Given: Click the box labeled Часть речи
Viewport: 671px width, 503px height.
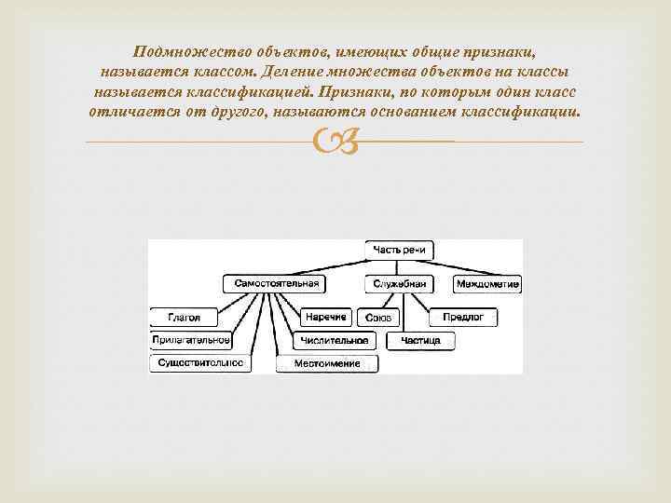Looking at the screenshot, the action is (x=398, y=251).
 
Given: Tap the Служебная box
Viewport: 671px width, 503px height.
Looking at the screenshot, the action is (x=399, y=283).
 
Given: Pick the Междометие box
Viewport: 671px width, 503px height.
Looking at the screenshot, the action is (x=487, y=283).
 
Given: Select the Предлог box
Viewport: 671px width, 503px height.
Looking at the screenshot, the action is (x=463, y=318).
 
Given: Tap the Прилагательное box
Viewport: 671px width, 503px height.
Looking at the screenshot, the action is (x=191, y=340).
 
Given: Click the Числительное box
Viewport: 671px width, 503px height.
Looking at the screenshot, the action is (x=335, y=341).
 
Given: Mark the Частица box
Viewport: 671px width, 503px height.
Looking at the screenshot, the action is (x=420, y=341).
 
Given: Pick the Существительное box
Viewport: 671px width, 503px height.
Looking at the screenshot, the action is (x=200, y=361).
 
